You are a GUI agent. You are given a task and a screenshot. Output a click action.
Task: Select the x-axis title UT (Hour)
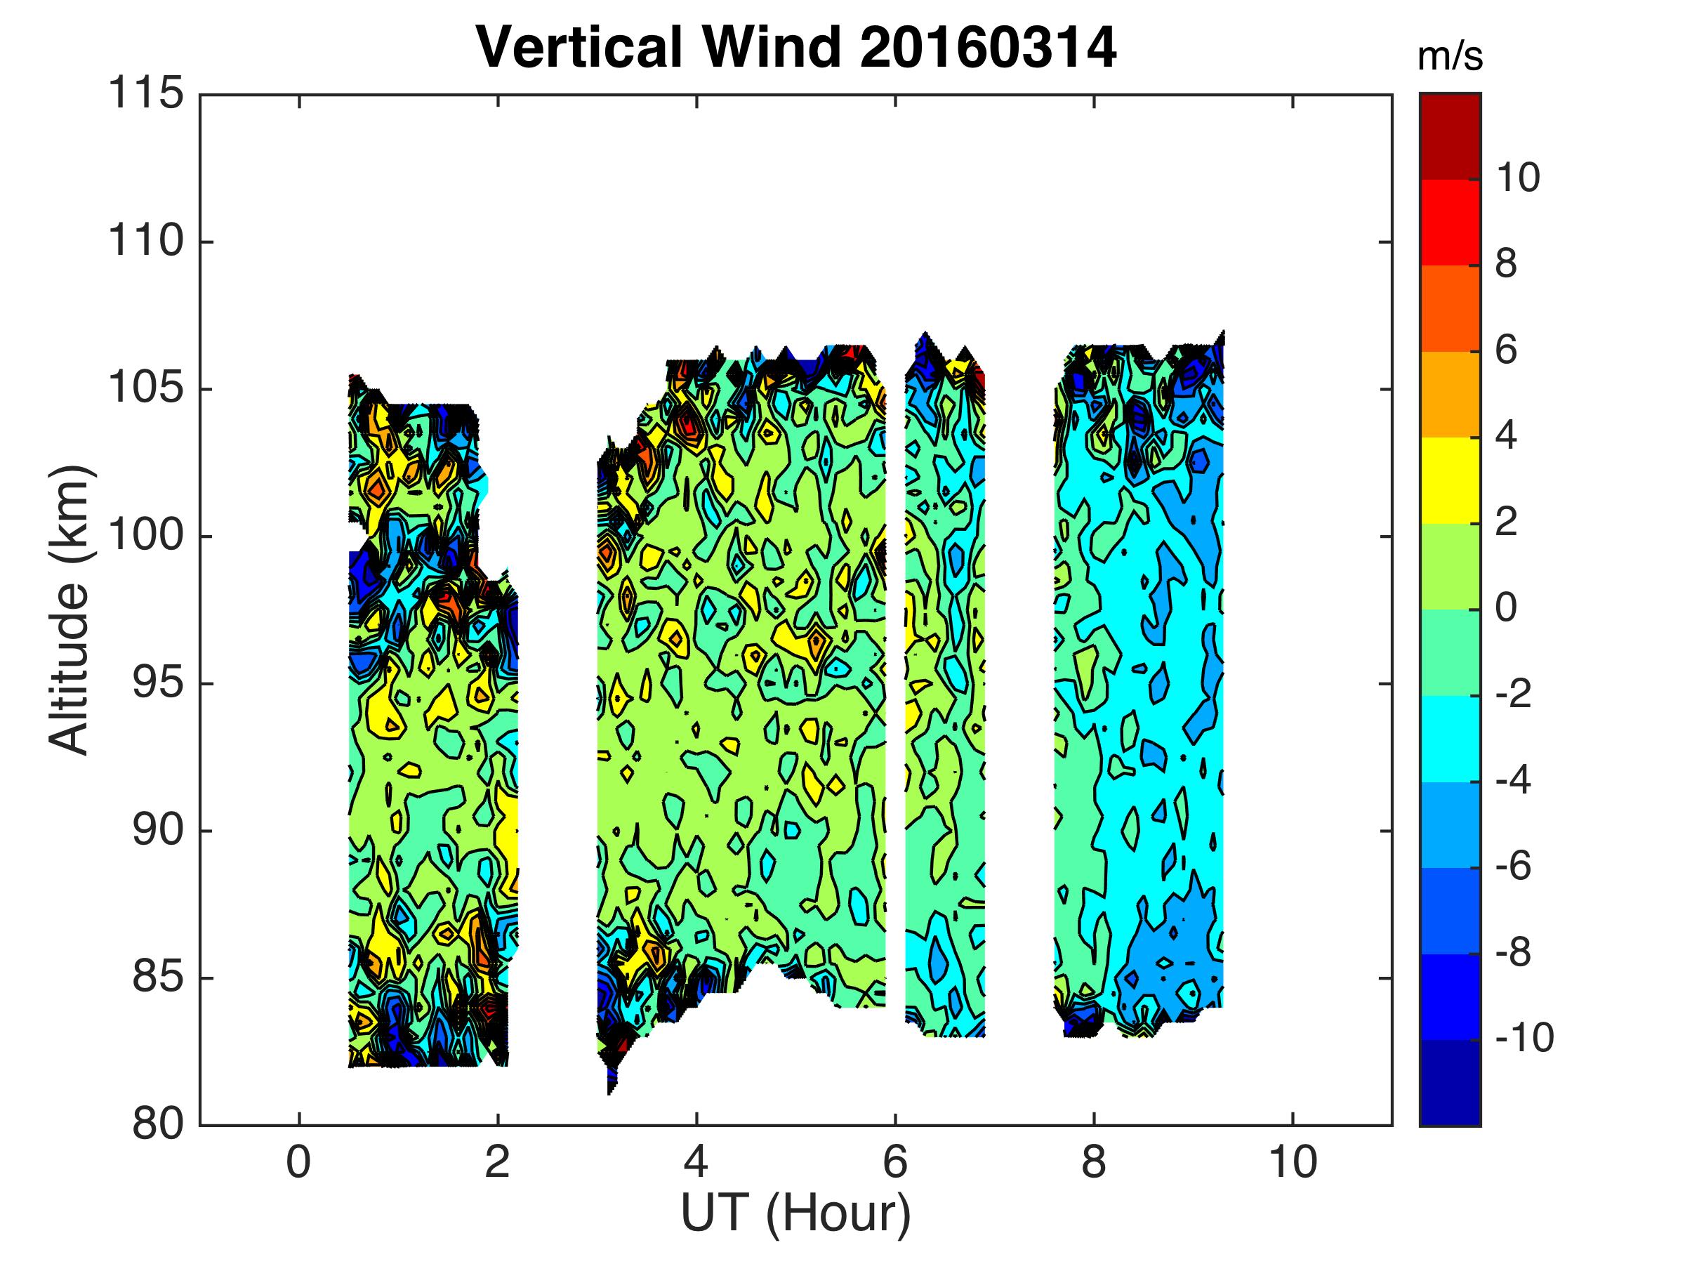coord(796,1213)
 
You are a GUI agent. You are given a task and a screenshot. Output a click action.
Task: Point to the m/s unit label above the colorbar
coord(1451,58)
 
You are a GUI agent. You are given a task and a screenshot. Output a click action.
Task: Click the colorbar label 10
coord(1517,178)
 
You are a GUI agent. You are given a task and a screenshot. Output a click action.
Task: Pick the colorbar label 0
coord(1506,608)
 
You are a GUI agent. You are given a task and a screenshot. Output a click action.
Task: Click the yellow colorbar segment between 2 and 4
coord(1451,480)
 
